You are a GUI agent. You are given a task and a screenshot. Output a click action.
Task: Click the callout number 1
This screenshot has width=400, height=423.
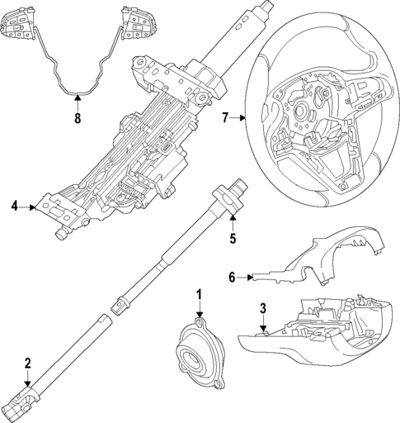(199, 294)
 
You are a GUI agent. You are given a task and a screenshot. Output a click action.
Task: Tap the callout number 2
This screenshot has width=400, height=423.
(27, 363)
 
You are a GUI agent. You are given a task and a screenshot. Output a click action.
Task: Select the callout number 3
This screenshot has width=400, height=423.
(263, 309)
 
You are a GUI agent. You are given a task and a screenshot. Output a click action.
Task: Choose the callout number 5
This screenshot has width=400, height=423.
(233, 240)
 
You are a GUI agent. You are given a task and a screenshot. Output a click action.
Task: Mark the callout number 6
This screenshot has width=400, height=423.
(232, 278)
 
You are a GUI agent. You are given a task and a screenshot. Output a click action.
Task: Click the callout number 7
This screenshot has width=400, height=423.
(225, 118)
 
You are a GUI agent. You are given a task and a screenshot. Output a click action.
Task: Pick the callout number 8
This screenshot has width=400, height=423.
(77, 117)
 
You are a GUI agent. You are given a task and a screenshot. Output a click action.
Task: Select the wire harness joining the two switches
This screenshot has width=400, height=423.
(78, 78)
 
